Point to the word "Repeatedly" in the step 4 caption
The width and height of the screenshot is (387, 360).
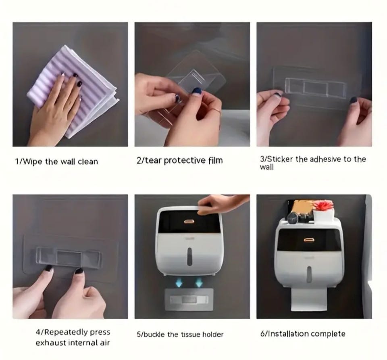click(66, 332)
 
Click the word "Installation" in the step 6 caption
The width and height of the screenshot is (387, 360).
click(288, 334)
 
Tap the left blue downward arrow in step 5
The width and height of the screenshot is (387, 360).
click(179, 282)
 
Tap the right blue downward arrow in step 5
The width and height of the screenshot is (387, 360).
click(199, 282)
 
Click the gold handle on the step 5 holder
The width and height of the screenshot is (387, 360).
click(189, 222)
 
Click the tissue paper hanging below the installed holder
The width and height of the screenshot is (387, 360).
click(309, 299)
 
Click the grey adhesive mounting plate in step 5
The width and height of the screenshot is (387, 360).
click(189, 299)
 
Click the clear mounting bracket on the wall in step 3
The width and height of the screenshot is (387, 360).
click(315, 87)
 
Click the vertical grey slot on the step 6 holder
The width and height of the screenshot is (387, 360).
click(309, 274)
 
